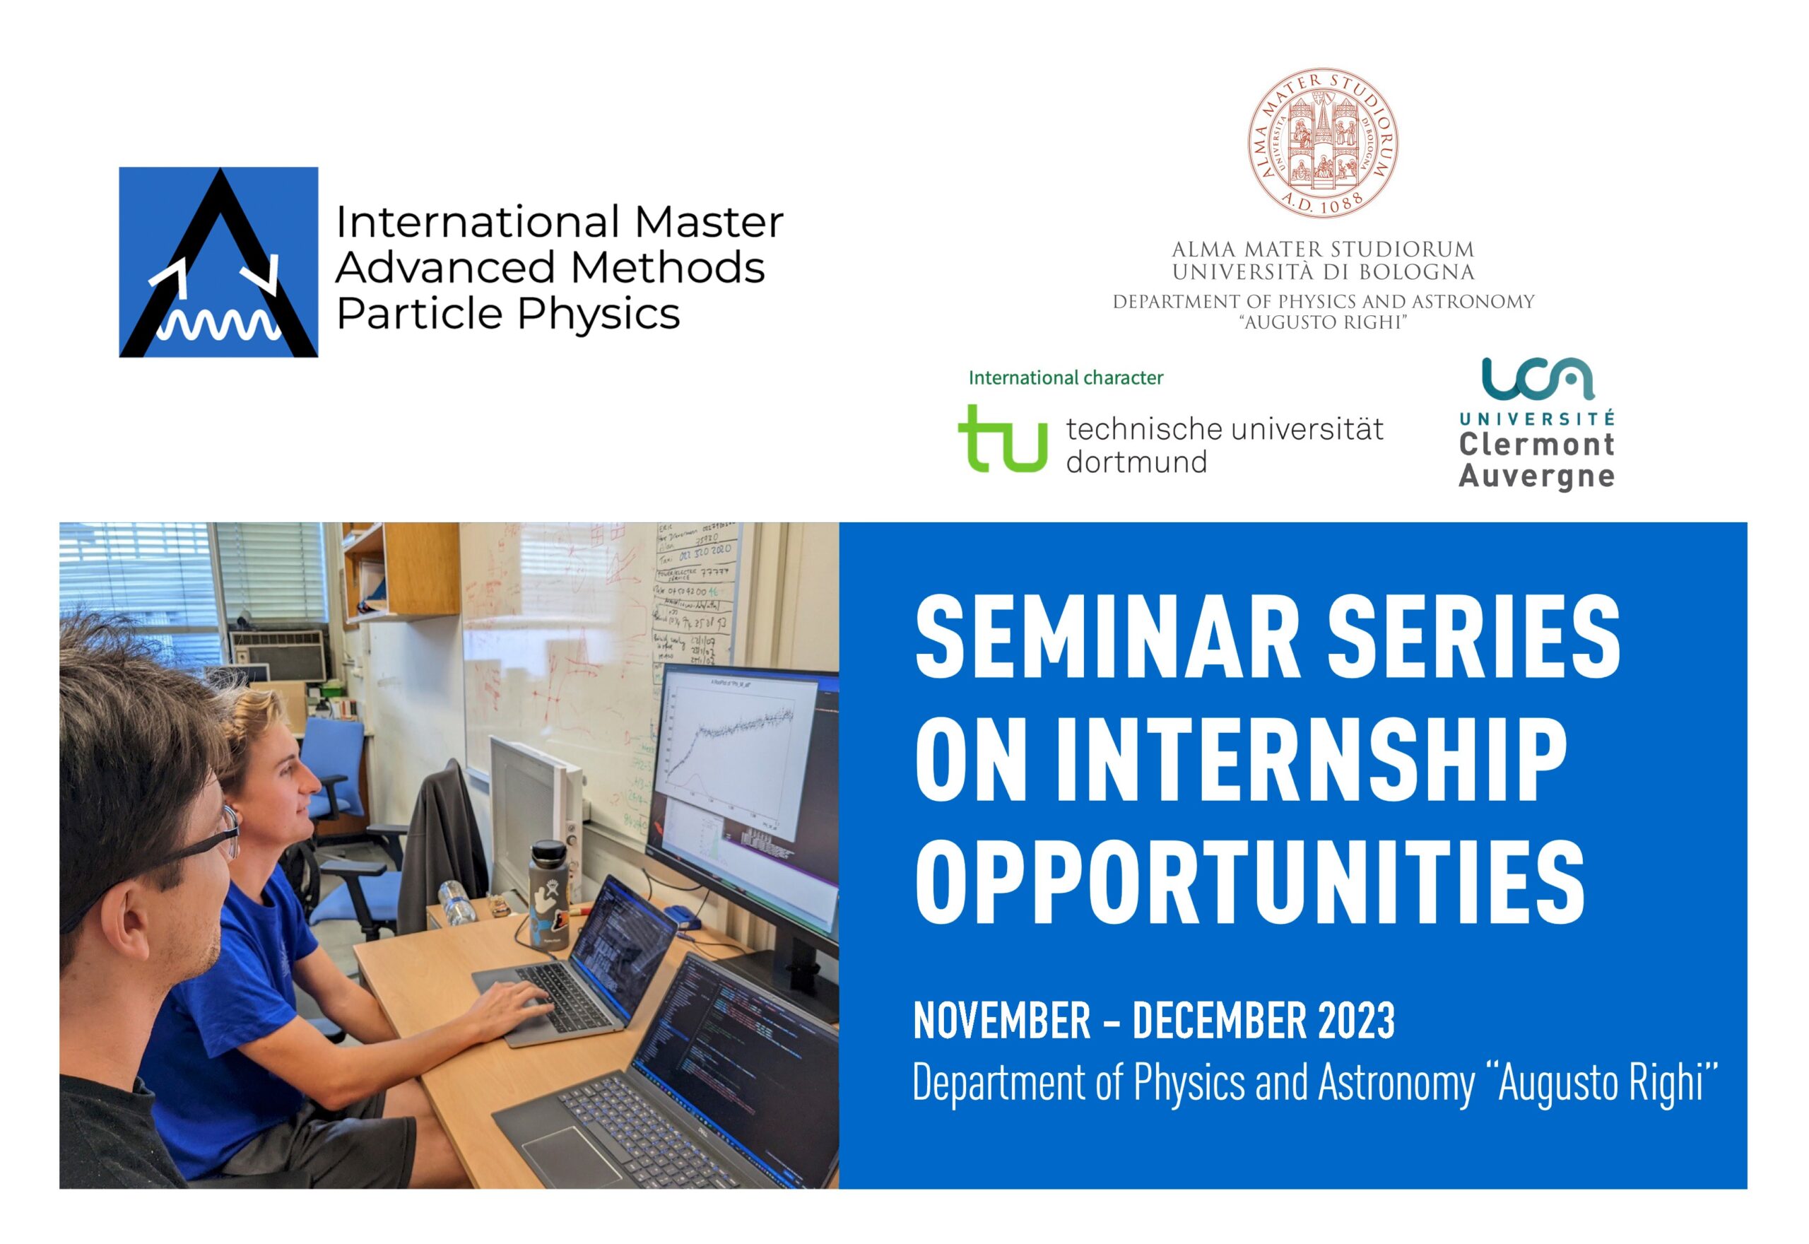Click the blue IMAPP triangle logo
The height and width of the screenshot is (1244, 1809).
tap(218, 262)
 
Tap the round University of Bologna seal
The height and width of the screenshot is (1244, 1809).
tap(1322, 142)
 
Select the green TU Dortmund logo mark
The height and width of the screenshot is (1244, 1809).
tap(1002, 438)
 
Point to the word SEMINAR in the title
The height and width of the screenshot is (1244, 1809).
tap(1107, 638)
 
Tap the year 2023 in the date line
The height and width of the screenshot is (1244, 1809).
tap(1356, 1021)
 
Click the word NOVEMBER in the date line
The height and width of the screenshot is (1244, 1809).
tap(1001, 1021)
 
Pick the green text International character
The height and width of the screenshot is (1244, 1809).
tap(1065, 378)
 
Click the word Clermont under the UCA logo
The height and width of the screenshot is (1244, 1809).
tap(1536, 445)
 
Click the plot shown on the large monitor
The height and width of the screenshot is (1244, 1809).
tap(736, 749)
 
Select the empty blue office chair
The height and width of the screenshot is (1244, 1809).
tap(331, 772)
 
